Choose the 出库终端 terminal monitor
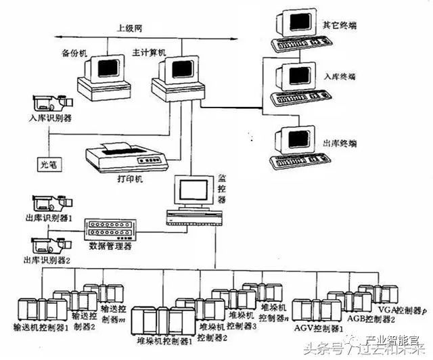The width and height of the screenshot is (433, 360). point(294,139)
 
